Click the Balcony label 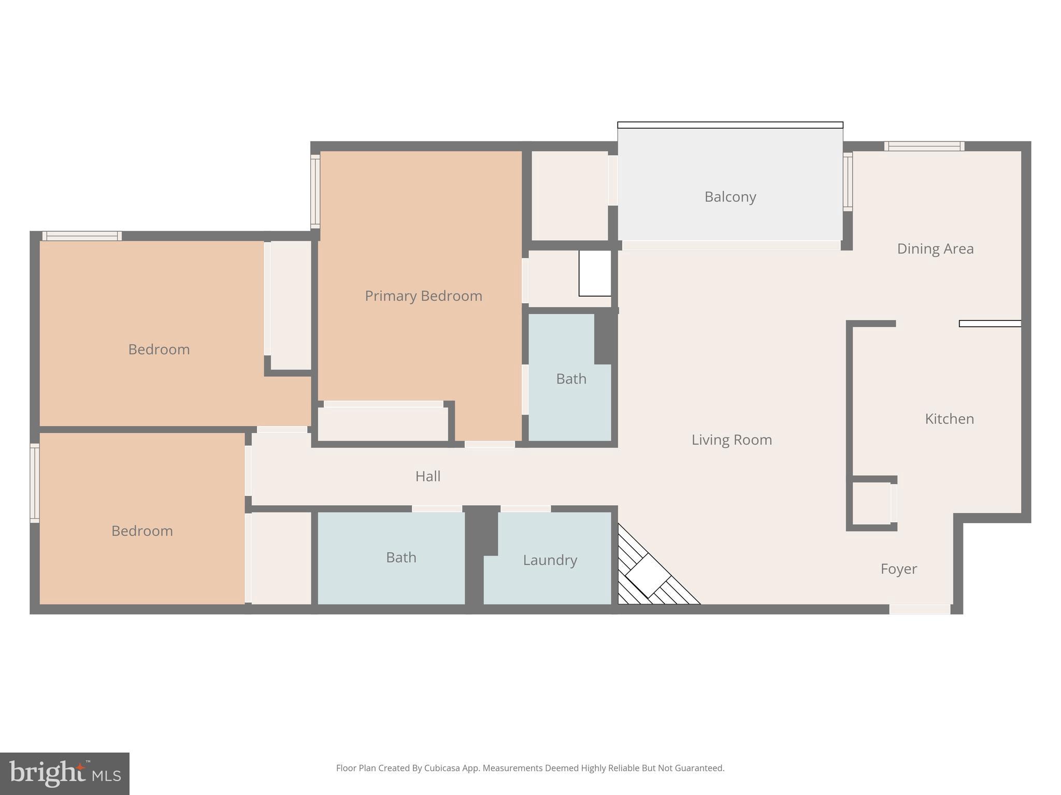pyautogui.click(x=730, y=197)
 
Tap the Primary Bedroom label pyautogui.click(x=423, y=296)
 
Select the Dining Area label pyautogui.click(x=935, y=249)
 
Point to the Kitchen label pyautogui.click(x=949, y=419)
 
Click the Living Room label pyautogui.click(x=732, y=440)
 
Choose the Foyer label pyautogui.click(x=898, y=569)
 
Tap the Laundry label pyautogui.click(x=550, y=560)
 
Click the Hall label pyautogui.click(x=427, y=476)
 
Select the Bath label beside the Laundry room pyautogui.click(x=401, y=557)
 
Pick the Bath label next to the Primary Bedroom pyautogui.click(x=571, y=379)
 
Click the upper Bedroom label pyautogui.click(x=159, y=349)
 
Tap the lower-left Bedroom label pyautogui.click(x=142, y=531)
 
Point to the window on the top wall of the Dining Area pyautogui.click(x=924, y=146)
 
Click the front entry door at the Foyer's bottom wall pyautogui.click(x=920, y=609)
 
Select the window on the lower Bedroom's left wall pyautogui.click(x=35, y=483)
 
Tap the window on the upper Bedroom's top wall pyautogui.click(x=82, y=236)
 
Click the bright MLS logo pyautogui.click(x=65, y=773)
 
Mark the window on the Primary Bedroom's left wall pyautogui.click(x=315, y=192)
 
